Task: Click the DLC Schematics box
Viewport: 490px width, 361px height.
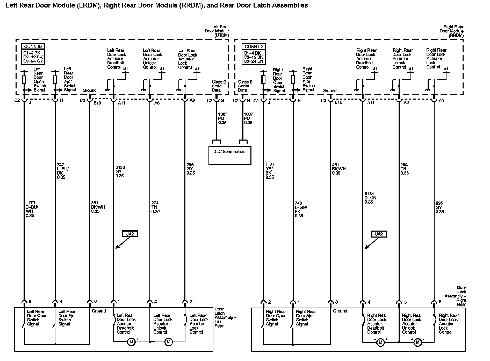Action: point(230,155)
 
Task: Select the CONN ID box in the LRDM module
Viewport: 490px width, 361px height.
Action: point(33,54)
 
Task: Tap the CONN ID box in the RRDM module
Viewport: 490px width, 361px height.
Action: point(254,54)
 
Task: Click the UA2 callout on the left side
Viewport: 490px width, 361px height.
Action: point(130,234)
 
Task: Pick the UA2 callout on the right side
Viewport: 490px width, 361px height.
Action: point(379,234)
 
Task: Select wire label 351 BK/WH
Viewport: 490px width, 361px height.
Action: point(98,207)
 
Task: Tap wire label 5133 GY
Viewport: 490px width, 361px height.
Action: point(120,172)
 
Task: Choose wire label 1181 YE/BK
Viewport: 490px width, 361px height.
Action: point(270,171)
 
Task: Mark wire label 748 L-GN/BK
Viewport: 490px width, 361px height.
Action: point(301,209)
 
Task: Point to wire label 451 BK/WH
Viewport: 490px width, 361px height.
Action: point(339,169)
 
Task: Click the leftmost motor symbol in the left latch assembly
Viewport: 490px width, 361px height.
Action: point(131,342)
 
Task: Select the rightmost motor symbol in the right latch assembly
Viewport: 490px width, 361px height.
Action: point(417,342)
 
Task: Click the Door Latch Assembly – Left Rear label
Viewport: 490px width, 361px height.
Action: point(225,317)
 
